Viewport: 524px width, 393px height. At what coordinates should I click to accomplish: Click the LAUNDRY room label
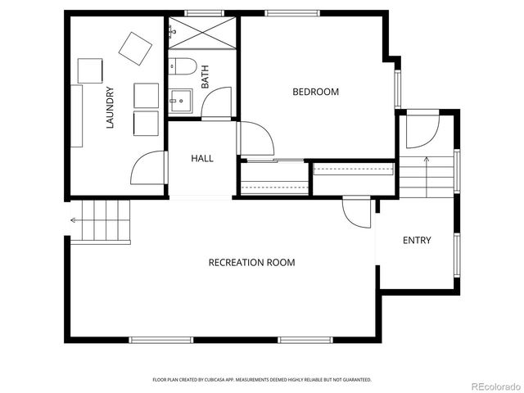[109, 108]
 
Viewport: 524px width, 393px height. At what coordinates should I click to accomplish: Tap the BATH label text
[205, 78]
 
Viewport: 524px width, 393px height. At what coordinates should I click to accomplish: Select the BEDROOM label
[315, 92]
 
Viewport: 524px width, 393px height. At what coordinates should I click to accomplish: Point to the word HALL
[202, 158]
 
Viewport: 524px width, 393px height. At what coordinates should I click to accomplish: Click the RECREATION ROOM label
[251, 263]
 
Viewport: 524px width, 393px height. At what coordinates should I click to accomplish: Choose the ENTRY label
[416, 240]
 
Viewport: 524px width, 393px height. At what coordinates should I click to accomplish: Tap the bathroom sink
[180, 101]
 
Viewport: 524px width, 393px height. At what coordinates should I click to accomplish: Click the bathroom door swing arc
[216, 102]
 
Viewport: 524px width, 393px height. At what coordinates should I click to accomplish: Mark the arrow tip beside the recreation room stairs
[73, 220]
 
